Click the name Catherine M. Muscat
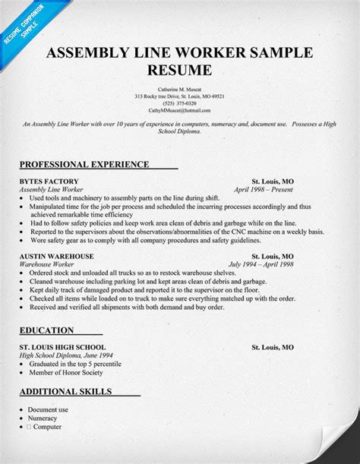[x=180, y=90]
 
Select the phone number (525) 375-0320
[x=180, y=104]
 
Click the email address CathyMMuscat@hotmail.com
[x=180, y=111]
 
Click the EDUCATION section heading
[x=47, y=330]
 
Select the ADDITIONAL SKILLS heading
[x=67, y=392]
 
